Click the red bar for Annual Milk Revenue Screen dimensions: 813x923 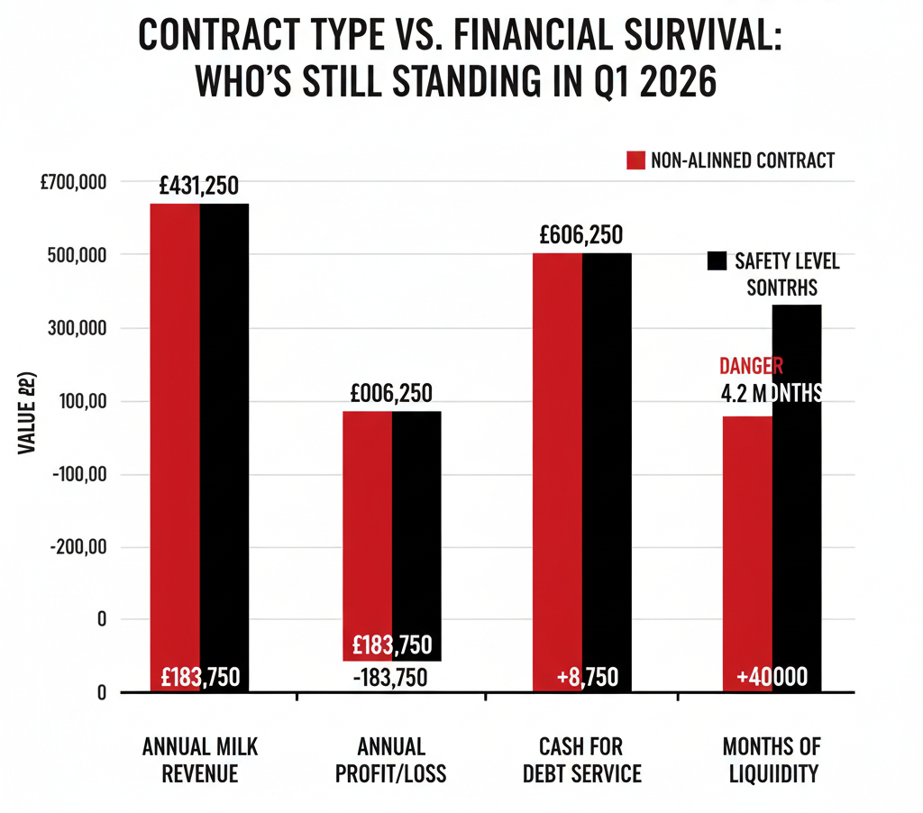tap(175, 433)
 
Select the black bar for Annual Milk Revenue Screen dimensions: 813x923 tap(224, 433)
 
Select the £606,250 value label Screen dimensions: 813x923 tap(581, 235)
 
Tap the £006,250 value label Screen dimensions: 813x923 tap(391, 394)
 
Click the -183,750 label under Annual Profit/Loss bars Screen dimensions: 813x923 tap(391, 678)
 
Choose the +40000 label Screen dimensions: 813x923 tap(771, 677)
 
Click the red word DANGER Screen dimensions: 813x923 tap(752, 367)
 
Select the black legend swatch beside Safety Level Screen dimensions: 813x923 tap(717, 261)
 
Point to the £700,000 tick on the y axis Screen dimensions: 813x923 tap(75, 183)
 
